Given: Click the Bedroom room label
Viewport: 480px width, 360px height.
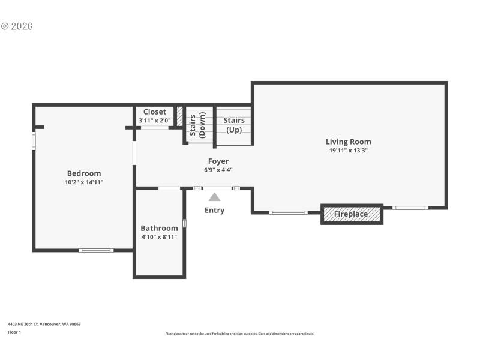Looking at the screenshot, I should [84, 173].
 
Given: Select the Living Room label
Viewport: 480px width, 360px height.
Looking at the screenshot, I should [348, 142].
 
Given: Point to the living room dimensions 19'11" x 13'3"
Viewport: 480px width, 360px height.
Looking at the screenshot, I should [348, 151].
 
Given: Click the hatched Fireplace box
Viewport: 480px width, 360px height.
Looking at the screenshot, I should [352, 214].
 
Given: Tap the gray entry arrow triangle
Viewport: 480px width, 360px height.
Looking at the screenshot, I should [214, 196].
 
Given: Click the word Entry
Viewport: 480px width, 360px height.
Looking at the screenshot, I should [214, 210].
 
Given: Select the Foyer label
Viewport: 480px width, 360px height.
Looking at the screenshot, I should [218, 161].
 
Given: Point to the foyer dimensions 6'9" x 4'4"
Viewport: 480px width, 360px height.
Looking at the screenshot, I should [218, 170].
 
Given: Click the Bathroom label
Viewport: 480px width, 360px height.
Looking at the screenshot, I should [159, 228].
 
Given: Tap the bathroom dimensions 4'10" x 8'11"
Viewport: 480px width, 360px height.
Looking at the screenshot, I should [159, 236].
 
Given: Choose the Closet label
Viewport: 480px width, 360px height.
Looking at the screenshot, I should [154, 112].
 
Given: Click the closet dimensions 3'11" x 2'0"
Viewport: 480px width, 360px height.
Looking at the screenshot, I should [154, 121].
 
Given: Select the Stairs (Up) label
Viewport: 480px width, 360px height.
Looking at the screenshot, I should [233, 125].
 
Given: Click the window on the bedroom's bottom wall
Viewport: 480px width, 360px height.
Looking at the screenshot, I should [96, 250].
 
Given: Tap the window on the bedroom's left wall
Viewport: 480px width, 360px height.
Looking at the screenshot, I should [34, 140].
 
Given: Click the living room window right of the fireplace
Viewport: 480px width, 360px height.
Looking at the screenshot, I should [410, 208].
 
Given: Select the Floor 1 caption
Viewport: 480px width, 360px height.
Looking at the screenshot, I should [14, 332].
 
